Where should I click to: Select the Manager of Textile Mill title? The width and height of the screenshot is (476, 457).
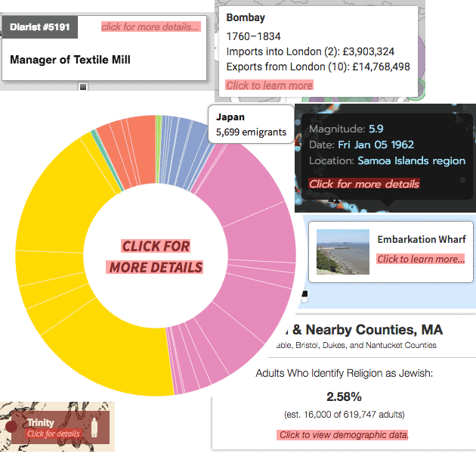coord(70,59)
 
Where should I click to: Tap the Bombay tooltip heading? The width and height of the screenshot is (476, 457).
coord(246,17)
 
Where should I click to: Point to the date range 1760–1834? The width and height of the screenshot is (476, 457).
coord(253,36)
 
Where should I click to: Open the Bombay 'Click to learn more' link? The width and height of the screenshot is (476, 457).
coord(269,85)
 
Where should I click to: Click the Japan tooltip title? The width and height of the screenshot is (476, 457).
coord(230,117)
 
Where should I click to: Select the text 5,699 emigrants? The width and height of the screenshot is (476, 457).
coord(251,132)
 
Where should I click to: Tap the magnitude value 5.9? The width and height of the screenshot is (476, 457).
coord(376,129)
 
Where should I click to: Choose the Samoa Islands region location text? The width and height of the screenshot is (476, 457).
coord(411,160)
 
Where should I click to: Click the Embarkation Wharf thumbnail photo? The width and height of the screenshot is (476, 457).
coord(343,251)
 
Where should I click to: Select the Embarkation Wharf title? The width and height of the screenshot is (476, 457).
coord(422,240)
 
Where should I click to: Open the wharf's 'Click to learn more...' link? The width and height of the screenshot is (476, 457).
coord(421,259)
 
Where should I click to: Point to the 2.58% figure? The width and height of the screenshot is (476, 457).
coord(344,396)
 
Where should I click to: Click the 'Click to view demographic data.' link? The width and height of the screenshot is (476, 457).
coord(344,434)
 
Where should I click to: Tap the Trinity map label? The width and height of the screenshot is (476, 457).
coord(41,422)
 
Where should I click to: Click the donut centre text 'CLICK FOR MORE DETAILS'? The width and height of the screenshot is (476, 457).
coord(156,256)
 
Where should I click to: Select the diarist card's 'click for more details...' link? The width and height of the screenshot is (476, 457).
coord(151,27)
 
